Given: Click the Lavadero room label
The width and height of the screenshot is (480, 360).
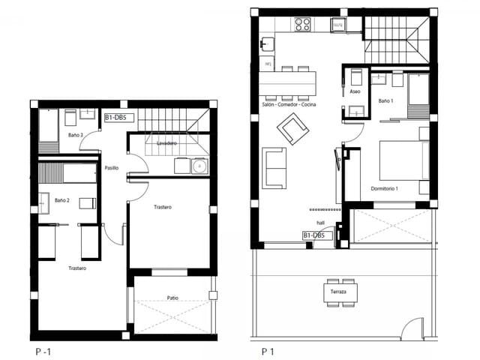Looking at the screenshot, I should coord(166,142).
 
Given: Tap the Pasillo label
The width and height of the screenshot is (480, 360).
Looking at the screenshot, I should coord(112,168).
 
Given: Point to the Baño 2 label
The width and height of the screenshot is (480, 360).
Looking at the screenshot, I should coord(62,200).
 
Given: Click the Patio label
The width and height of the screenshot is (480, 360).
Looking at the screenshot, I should coord(172,298).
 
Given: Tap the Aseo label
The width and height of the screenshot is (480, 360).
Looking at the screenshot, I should coord(355,91).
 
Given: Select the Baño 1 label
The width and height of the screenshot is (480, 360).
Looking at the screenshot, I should coord(385,100).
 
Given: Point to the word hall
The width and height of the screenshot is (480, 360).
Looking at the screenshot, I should coord(320,223).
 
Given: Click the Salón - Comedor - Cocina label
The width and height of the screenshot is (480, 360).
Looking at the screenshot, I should coord(288,104).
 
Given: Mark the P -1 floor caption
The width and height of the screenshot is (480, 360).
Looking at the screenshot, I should coord(43,350).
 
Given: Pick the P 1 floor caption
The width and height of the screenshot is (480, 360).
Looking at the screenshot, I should coord(268,350).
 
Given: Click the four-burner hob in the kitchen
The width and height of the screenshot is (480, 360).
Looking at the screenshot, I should coord(302,25).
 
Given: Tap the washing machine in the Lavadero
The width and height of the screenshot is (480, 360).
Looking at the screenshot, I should coord(199,166).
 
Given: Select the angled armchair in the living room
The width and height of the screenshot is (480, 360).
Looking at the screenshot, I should coord(292,133).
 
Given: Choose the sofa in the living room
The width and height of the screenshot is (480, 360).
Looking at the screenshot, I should coord(272,168).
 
